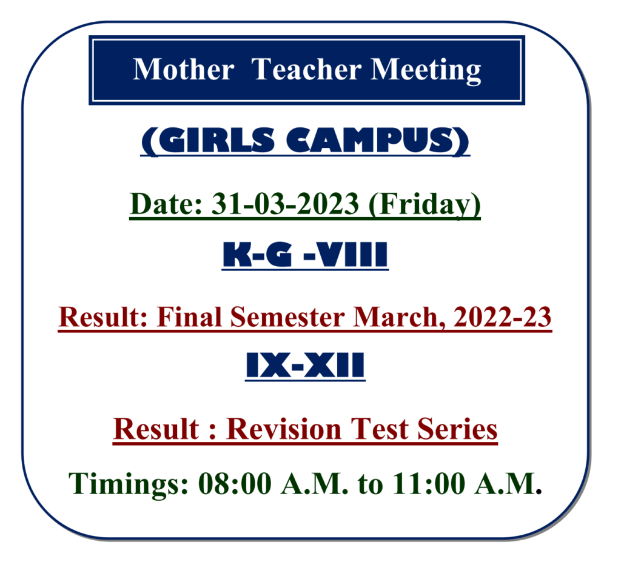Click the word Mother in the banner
183,70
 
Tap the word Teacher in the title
306,70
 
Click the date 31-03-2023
285,204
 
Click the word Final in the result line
189,317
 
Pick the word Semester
287,318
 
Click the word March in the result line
397,318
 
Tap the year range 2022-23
502,317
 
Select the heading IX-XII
305,365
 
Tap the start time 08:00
235,484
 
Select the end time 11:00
428,484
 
